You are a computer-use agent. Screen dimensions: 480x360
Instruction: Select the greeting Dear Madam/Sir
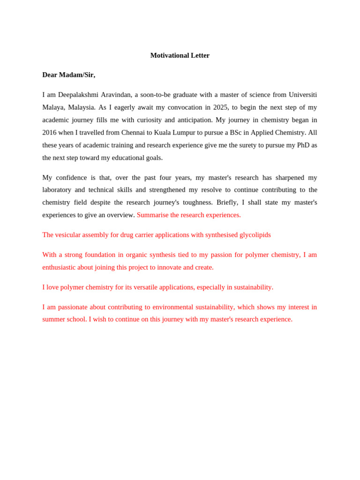[x=68, y=75]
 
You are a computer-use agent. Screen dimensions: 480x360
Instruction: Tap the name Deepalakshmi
[x=78, y=95]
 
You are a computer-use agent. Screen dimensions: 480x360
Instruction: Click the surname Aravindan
[x=116, y=95]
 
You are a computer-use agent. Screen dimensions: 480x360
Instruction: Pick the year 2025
[x=221, y=107]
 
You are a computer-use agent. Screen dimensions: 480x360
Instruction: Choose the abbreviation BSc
[x=235, y=133]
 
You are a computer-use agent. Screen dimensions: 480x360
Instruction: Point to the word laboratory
[x=57, y=190]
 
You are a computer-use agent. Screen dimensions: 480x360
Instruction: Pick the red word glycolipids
[x=255, y=235]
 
